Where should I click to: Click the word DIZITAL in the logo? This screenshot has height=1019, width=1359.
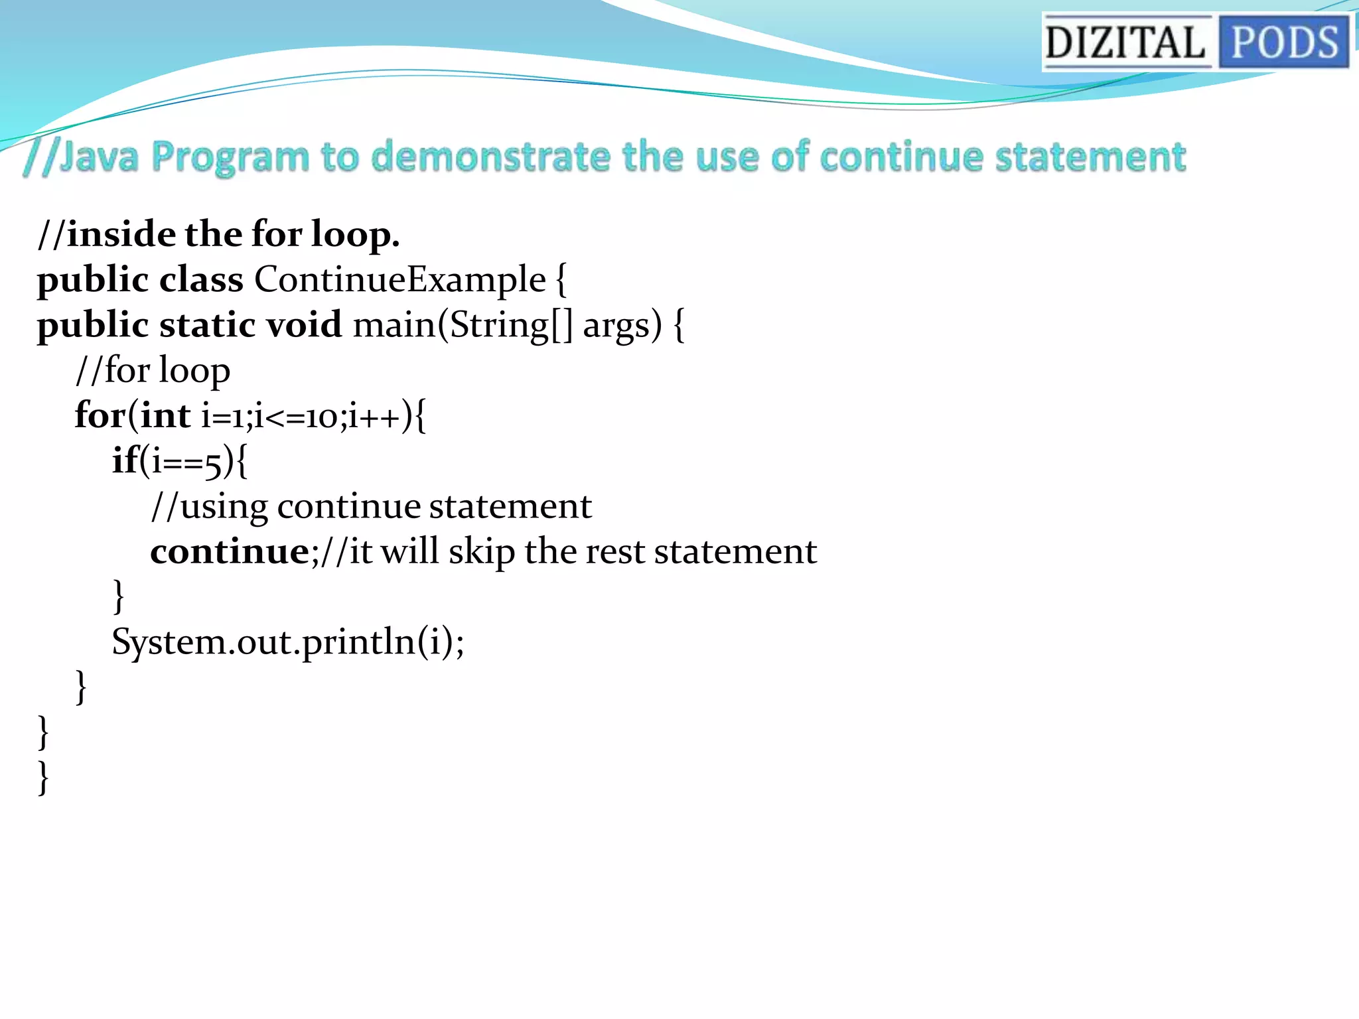click(x=1125, y=42)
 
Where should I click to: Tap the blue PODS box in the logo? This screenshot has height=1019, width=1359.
click(x=1284, y=42)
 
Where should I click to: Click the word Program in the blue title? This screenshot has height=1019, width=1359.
click(x=230, y=158)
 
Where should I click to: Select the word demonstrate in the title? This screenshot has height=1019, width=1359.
click(x=490, y=157)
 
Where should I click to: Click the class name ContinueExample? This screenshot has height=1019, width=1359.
click(x=399, y=279)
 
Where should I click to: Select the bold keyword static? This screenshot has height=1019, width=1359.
click(x=207, y=325)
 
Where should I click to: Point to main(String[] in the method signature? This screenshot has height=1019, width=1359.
click(x=462, y=325)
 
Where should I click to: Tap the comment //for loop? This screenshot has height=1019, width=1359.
click(x=153, y=370)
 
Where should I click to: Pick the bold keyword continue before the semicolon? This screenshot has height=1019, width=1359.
click(x=229, y=551)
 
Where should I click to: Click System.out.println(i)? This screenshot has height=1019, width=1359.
click(x=288, y=642)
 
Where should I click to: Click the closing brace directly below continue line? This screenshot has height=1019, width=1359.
click(x=119, y=596)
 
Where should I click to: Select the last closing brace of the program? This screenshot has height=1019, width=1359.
click(x=43, y=778)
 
